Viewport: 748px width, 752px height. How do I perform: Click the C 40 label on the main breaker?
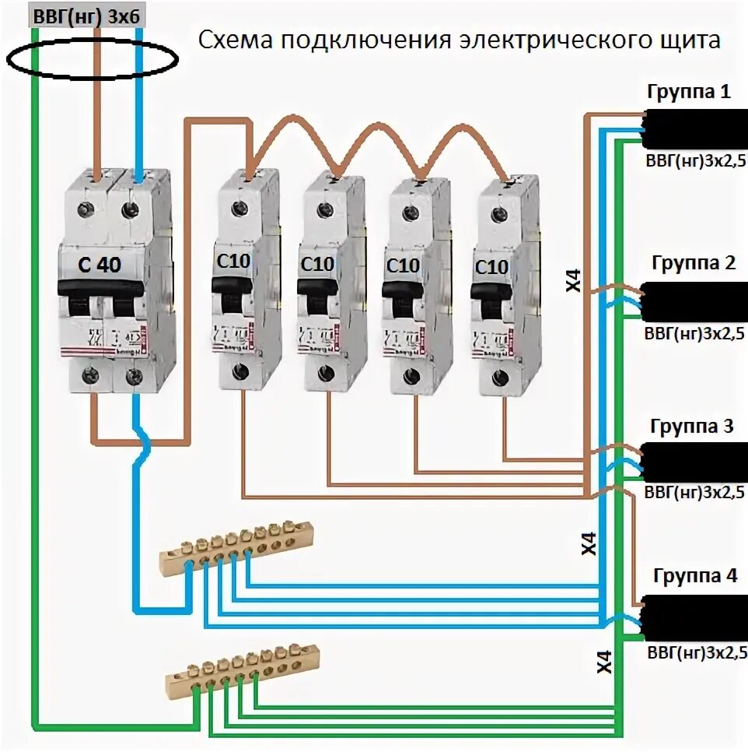(100, 265)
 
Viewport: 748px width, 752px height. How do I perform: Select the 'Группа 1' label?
(689, 92)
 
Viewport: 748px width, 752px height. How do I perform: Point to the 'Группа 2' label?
(694, 262)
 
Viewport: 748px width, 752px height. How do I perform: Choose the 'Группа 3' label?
(692, 427)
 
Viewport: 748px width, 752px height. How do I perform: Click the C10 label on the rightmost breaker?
(491, 268)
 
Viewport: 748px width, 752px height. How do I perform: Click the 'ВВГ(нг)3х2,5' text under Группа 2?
(695, 334)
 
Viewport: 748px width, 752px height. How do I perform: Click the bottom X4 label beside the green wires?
(604, 661)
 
